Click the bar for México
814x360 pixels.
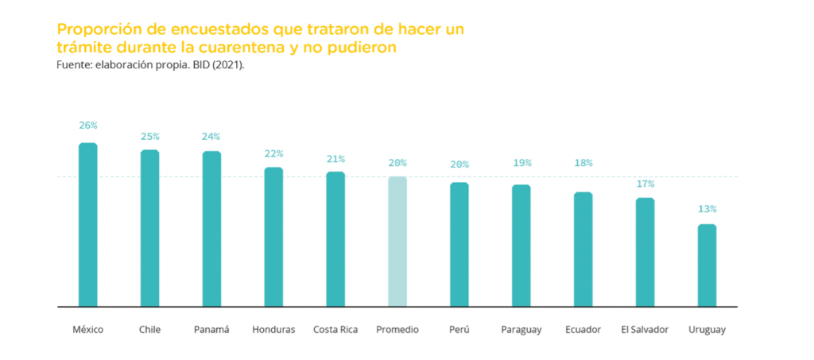tap(87, 225)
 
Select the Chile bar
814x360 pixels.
tap(149, 228)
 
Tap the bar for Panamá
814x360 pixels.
tap(211, 229)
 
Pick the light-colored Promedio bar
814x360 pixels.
tap(397, 242)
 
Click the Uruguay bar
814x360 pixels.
tap(707, 265)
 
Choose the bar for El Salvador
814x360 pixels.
tap(645, 252)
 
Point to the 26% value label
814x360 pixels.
tap(87, 126)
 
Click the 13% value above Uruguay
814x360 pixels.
tap(707, 209)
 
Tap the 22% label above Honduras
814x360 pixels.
tap(273, 153)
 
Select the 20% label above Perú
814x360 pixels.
tap(459, 165)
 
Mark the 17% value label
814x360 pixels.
tap(645, 184)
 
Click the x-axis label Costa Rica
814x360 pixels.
tap(335, 329)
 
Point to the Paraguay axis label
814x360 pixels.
tap(521, 329)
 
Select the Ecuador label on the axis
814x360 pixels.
tap(583, 329)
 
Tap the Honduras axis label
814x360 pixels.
tap(273, 329)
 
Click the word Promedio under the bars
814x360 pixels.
tap(397, 329)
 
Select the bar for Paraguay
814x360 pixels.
tap(521, 246)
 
